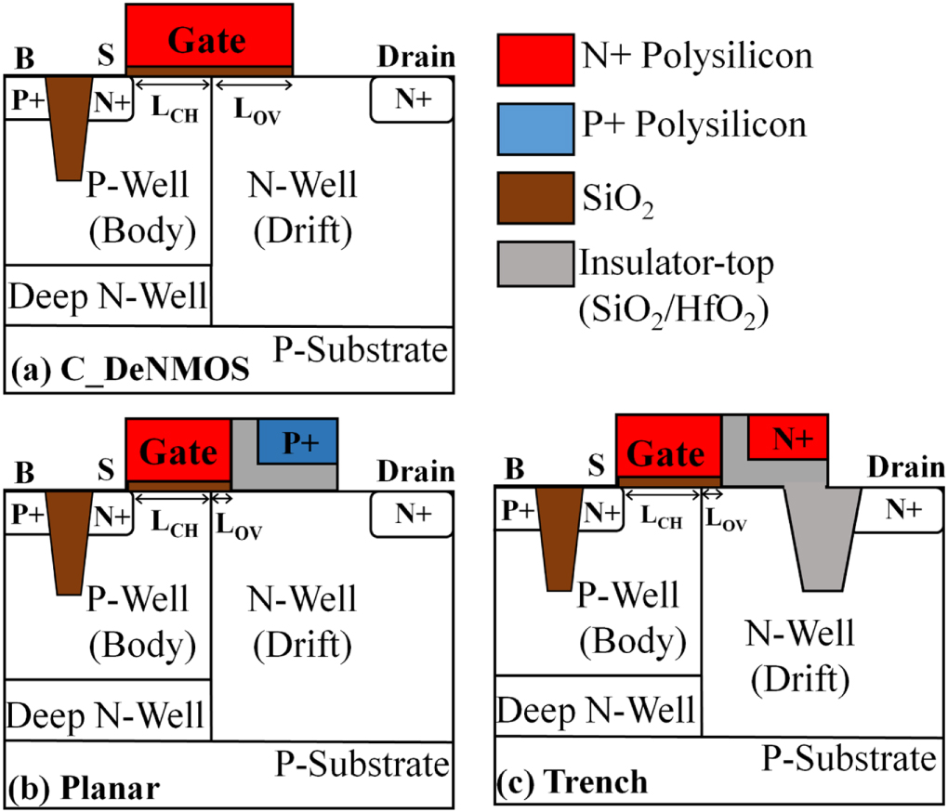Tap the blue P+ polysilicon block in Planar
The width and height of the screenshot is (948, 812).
click(296, 441)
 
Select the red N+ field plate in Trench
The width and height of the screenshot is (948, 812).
click(787, 437)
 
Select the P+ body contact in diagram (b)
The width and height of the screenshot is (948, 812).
click(25, 513)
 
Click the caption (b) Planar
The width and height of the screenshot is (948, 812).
click(85, 789)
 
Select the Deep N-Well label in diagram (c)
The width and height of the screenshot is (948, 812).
click(596, 710)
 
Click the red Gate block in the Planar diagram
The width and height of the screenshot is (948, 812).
click(178, 452)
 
